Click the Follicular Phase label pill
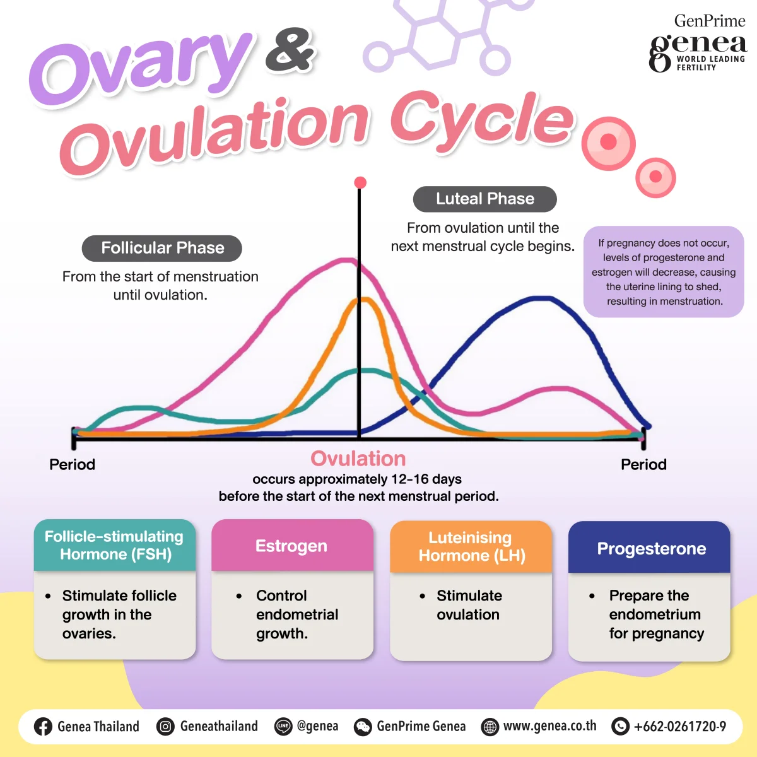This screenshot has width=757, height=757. pos(162,248)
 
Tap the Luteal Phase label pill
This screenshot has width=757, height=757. pos(484,199)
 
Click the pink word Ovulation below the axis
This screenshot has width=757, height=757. pos(358,459)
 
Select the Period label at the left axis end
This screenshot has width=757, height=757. pos(72,464)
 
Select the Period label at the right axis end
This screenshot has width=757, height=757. pos(643,464)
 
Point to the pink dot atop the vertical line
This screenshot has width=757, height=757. pos(360,183)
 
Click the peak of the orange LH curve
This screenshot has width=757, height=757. pos(365,300)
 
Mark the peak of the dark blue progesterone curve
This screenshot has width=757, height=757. pos(541,298)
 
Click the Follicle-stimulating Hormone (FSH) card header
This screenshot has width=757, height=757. pos(114,545)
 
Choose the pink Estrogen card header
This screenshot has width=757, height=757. pos(291,546)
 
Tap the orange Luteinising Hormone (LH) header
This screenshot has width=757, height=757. pos(471,546)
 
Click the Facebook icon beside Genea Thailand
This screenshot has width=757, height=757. pos(43,727)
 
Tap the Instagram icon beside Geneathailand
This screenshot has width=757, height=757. pos(165,727)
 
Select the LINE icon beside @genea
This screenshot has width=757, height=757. pos(283,727)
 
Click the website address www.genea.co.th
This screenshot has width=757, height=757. pos(549,726)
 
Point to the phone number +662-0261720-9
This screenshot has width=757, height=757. pos(679,727)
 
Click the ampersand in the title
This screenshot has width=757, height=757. pos(290,50)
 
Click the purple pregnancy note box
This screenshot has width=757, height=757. pos(664,272)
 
